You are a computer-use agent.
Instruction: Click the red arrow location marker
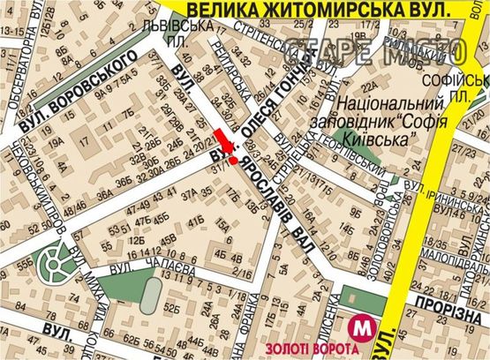click(x=227, y=147)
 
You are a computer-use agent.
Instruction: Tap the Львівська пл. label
click(x=177, y=34)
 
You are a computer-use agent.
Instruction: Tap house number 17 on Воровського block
click(x=87, y=140)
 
